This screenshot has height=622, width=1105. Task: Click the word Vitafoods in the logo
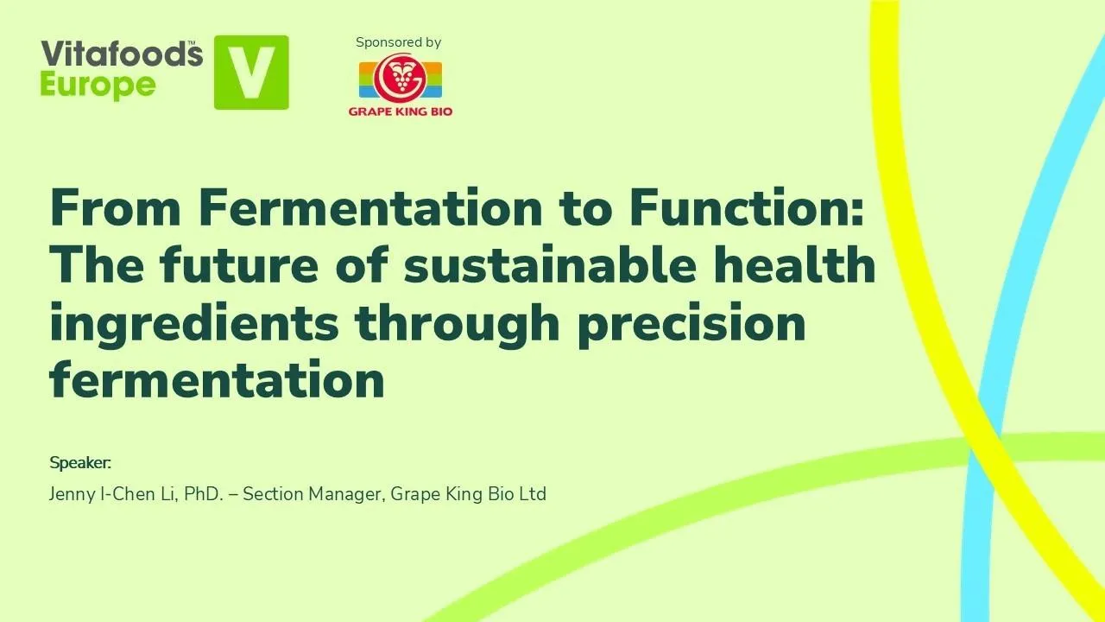121,54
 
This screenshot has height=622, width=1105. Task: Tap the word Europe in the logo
98,86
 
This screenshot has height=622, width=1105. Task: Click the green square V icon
251,73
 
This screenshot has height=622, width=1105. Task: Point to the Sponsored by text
398,42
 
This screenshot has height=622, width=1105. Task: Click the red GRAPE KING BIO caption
401,111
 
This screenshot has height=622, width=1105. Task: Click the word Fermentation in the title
369,207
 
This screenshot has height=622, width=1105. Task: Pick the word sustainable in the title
549,265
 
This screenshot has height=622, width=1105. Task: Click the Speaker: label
81,462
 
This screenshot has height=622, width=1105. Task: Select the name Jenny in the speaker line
73,494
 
